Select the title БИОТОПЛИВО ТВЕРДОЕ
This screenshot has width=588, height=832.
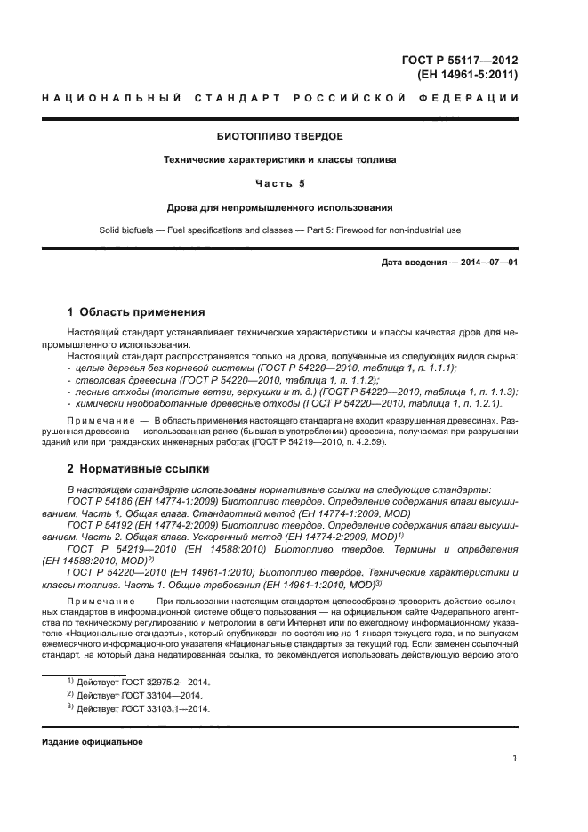click(279, 137)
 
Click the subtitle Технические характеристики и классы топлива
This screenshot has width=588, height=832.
click(279, 160)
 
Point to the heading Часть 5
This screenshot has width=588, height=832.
click(279, 184)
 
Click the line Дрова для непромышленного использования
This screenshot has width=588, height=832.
click(279, 207)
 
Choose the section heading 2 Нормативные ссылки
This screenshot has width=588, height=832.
click(137, 468)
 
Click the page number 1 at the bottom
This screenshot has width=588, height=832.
click(515, 758)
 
